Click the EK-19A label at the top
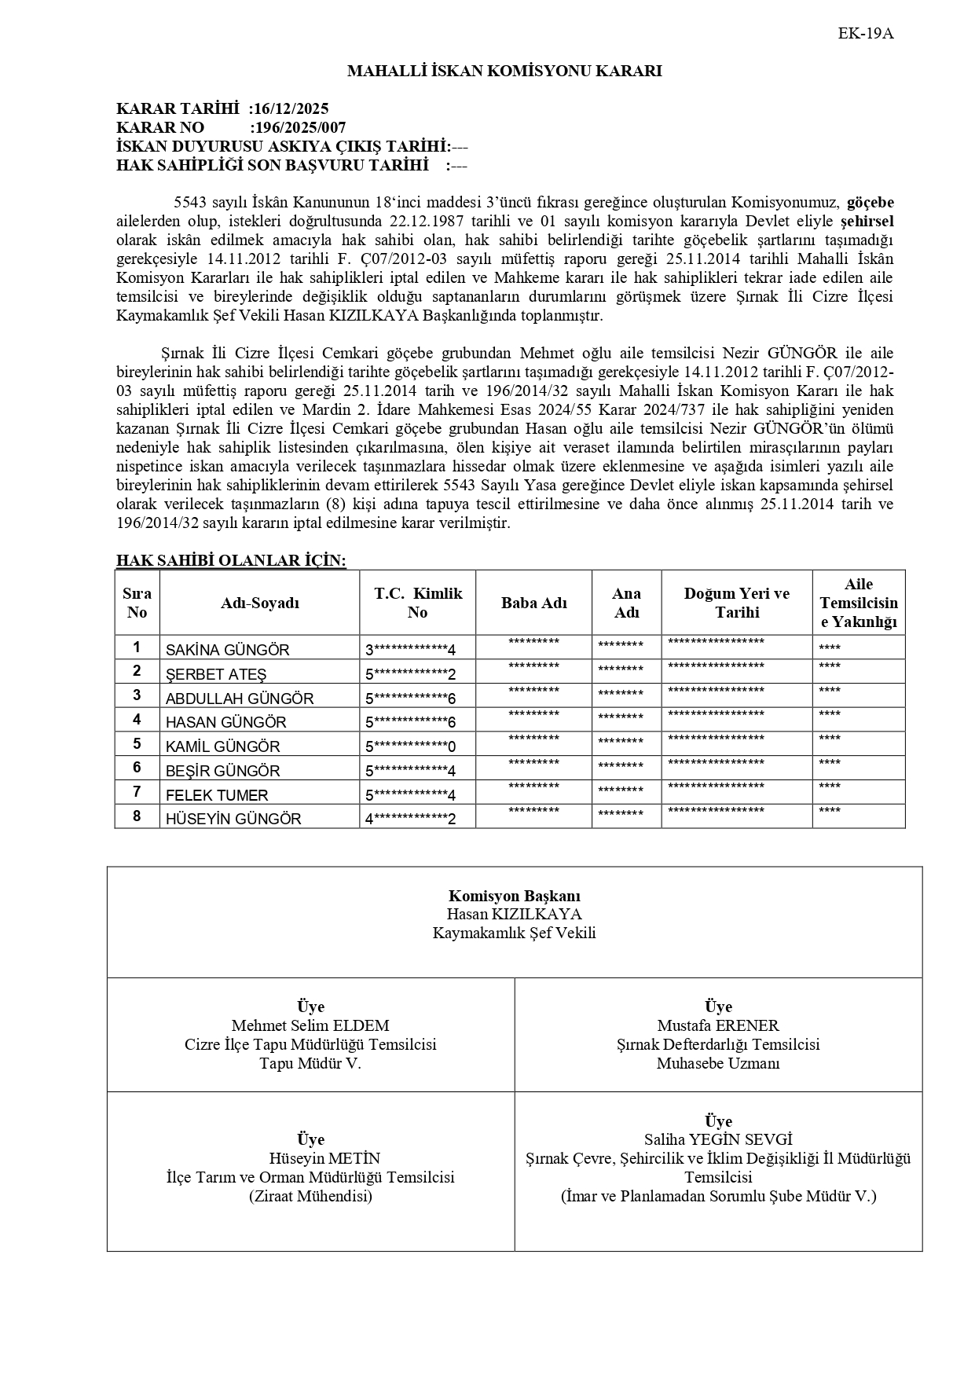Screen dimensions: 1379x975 [866, 34]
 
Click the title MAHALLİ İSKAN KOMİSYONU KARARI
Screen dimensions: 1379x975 [504, 72]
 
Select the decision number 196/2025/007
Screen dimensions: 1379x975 [299, 127]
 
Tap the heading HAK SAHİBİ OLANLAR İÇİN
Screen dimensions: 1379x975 [231, 560]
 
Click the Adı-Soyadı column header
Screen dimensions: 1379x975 [260, 603]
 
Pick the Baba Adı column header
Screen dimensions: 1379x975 [534, 603]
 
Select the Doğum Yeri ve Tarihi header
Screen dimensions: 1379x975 [736, 603]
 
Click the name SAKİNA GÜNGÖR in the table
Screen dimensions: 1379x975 [227, 650]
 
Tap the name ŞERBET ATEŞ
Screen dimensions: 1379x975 [216, 674]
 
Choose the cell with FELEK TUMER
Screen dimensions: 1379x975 [217, 795]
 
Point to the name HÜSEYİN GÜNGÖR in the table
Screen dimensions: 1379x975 [233, 819]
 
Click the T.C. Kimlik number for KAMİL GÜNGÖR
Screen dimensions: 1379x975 [410, 746]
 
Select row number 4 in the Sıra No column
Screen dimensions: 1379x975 [137, 720]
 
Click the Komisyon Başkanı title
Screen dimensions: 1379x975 [515, 896]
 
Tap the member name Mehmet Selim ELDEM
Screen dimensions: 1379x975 [310, 1025]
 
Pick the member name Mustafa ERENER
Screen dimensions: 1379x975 [718, 1025]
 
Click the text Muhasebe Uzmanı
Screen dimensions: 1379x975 [718, 1063]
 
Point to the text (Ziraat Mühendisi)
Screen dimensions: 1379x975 [310, 1196]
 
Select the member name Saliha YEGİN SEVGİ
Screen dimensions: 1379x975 [718, 1139]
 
